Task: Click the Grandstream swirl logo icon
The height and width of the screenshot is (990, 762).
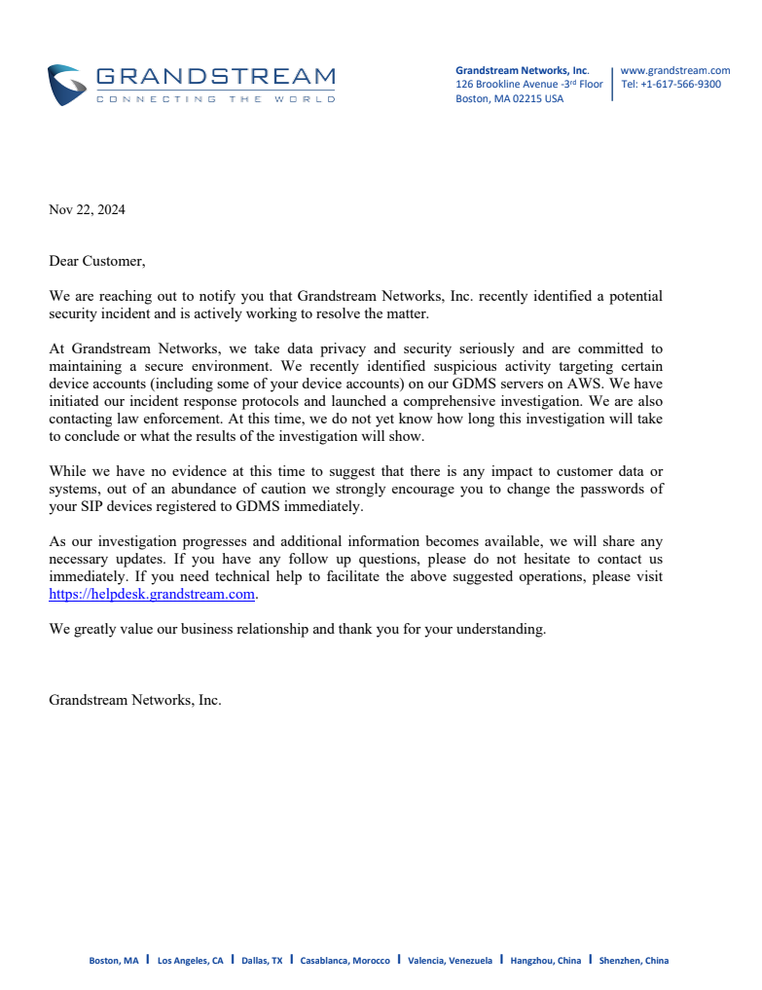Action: pyautogui.click(x=66, y=85)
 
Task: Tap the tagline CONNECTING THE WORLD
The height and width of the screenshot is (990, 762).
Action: pyautogui.click(x=215, y=99)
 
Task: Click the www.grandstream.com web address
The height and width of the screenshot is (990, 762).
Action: pyautogui.click(x=674, y=70)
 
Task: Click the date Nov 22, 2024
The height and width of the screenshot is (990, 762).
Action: pyautogui.click(x=87, y=209)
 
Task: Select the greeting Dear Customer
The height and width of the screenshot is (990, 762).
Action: pyautogui.click(x=96, y=261)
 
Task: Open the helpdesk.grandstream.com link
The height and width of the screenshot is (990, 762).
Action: pyautogui.click(x=152, y=594)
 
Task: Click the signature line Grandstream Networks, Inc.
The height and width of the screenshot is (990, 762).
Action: pyautogui.click(x=134, y=699)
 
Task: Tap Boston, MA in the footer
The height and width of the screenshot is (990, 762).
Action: pyautogui.click(x=114, y=961)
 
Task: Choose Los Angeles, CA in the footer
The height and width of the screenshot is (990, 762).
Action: pyautogui.click(x=190, y=961)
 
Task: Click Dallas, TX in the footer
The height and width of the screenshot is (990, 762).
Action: pyautogui.click(x=262, y=961)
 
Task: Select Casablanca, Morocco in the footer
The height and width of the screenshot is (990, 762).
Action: pyautogui.click(x=345, y=961)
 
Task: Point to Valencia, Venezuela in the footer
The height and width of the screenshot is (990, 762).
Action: pyautogui.click(x=450, y=961)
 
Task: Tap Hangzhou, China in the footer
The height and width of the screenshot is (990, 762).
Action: pyautogui.click(x=545, y=961)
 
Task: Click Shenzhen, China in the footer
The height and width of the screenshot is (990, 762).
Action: pyautogui.click(x=634, y=961)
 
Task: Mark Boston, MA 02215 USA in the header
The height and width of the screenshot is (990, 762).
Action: pyautogui.click(x=509, y=98)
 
